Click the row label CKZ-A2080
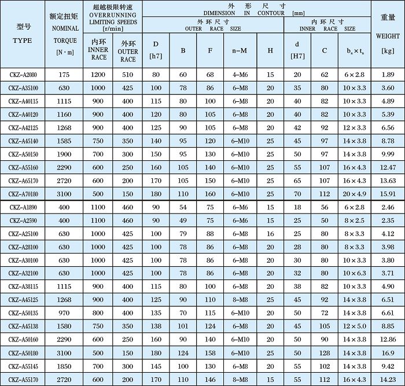coord(23,75)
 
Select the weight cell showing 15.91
coord(388,194)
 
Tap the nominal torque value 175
coord(64,75)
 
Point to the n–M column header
coord(240,50)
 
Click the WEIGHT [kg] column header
coord(388,35)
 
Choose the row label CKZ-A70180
coord(23,194)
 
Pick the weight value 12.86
coord(388,339)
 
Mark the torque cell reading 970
coord(64,313)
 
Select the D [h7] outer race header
coord(156,50)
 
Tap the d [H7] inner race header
coord(297,50)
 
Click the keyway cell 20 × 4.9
coord(354,194)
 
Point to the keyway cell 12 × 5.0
coord(354,326)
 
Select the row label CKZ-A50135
coord(23,313)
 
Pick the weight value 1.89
coord(388,75)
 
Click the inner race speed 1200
coord(98,75)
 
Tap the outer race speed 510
coord(128,75)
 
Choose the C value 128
coord(325,352)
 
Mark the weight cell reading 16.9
coord(388,352)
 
